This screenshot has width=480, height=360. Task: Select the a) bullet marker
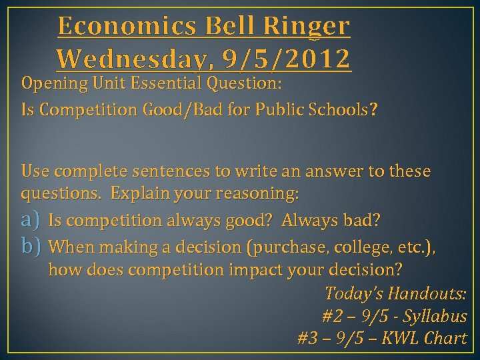pyautogui.click(x=31, y=220)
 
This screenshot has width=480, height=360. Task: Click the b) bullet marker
pyautogui.click(x=31, y=247)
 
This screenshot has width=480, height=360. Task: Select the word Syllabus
pyautogui.click(x=437, y=316)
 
